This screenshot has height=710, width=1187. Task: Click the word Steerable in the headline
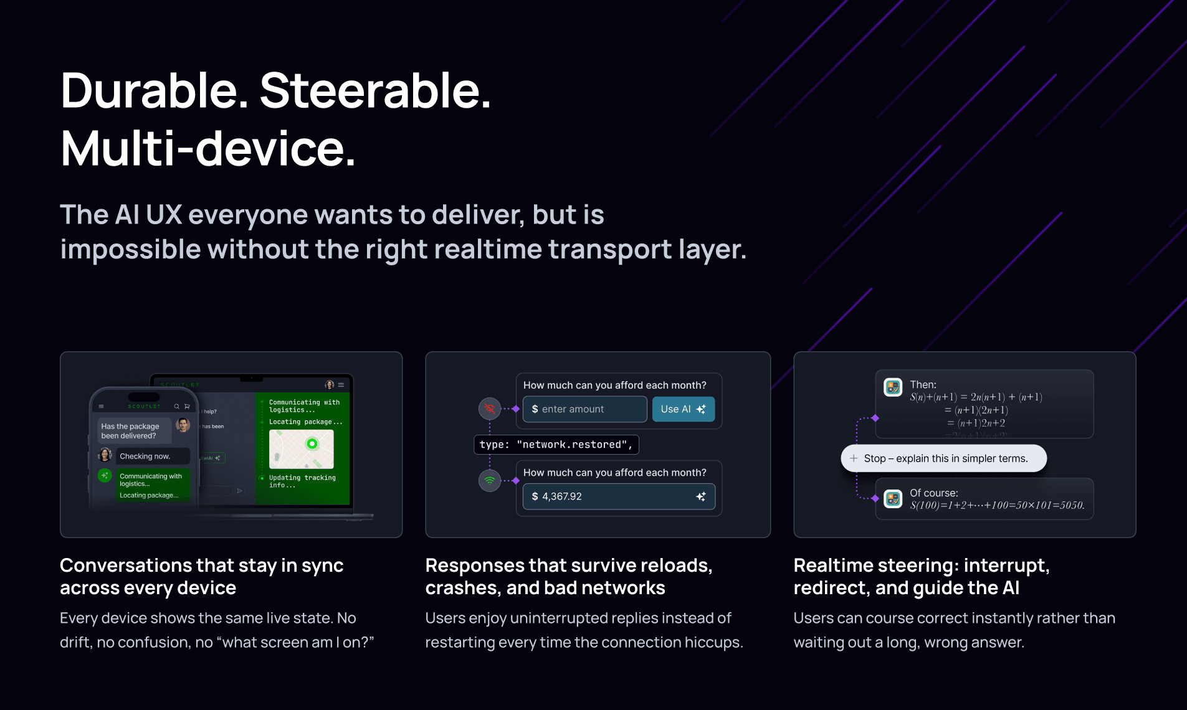375,91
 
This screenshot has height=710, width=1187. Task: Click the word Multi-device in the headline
208,149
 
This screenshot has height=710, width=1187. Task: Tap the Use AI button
683,409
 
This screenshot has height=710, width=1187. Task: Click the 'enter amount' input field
584,409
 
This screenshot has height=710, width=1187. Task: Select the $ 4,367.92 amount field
618,496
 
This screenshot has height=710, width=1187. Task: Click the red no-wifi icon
490,409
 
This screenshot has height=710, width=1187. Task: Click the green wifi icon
490,480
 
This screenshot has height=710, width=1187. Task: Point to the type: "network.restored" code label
556,445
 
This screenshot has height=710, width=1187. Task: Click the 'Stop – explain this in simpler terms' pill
944,458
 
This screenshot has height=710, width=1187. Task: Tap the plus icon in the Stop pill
854,458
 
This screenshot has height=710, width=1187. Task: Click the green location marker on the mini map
312,443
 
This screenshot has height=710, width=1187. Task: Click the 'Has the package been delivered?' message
130,431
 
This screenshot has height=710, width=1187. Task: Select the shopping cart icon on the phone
187,407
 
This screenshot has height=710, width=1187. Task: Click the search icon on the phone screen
177,407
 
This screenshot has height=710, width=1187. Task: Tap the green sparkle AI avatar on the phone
105,476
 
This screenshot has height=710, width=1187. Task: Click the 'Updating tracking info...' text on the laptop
302,481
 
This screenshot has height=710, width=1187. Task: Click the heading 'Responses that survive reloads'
568,566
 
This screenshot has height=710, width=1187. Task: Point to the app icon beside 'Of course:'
893,499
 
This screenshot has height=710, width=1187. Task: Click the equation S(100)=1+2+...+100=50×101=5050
997,505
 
